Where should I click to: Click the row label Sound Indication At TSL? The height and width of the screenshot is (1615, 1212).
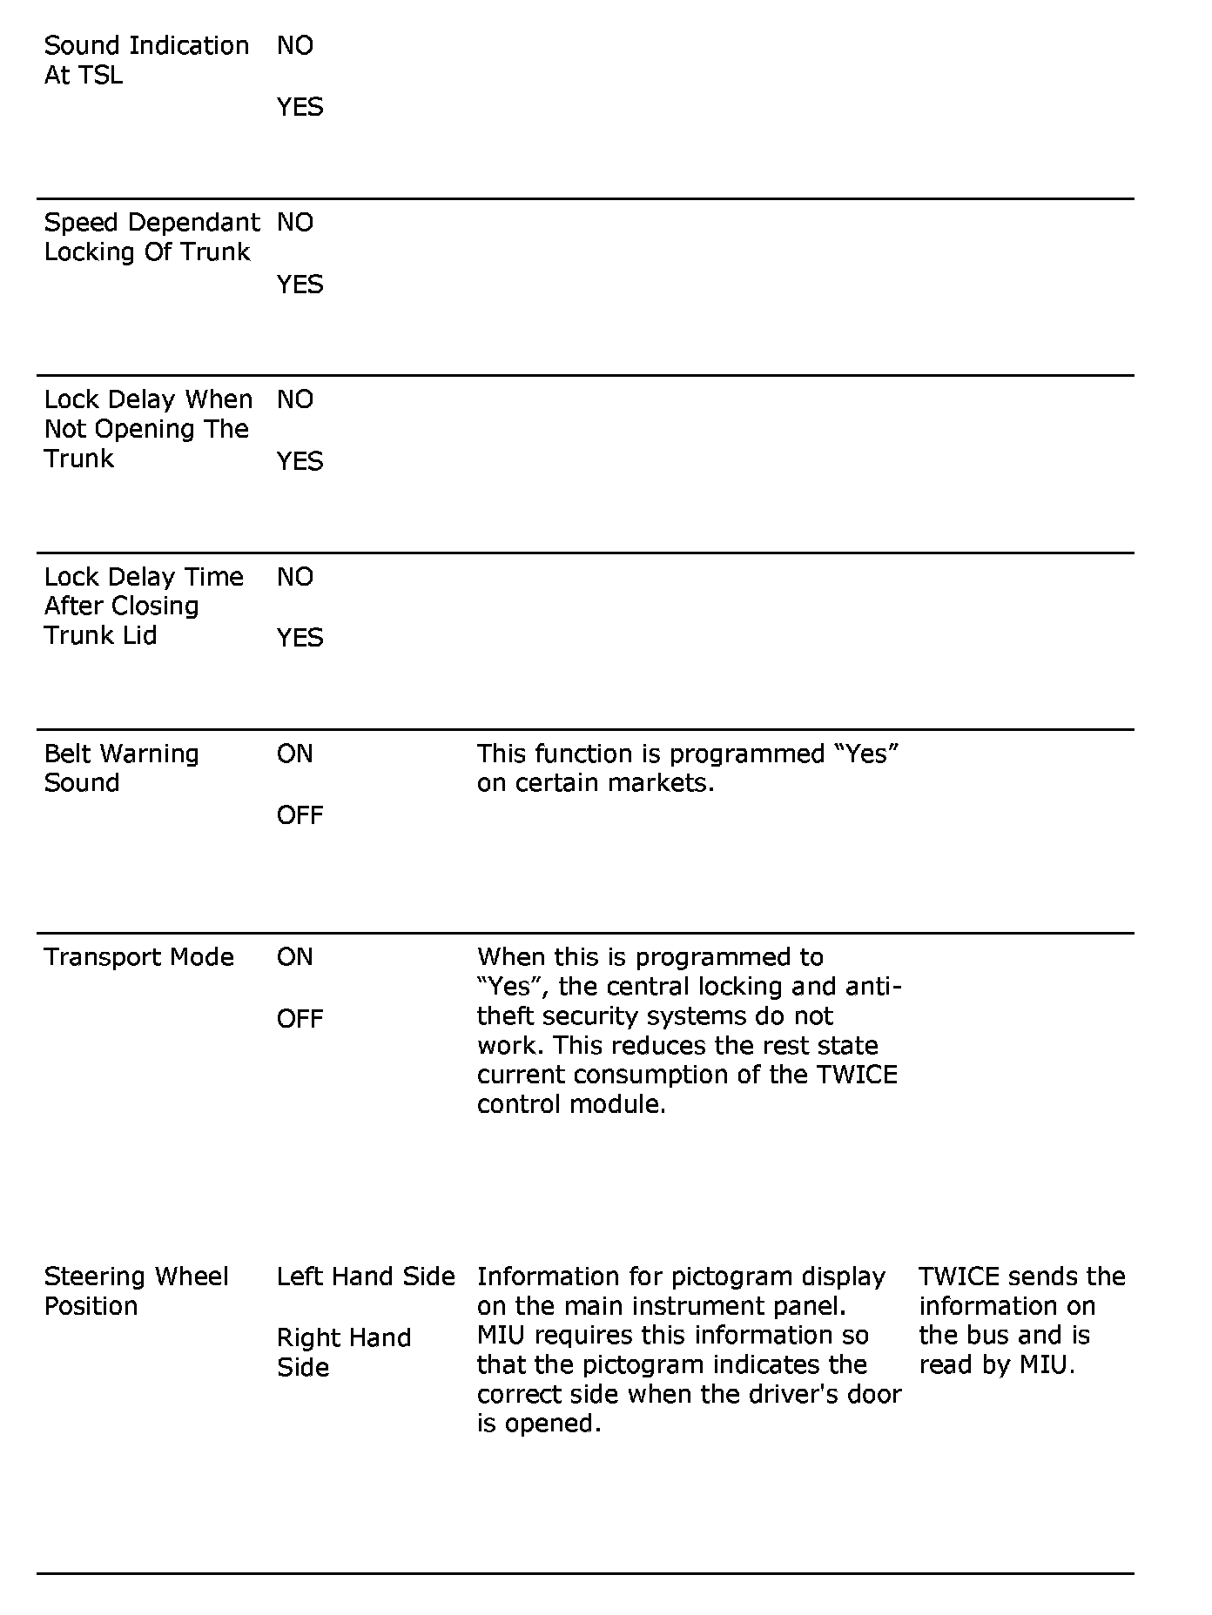tap(146, 60)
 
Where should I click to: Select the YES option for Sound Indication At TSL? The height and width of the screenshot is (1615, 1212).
tap(300, 107)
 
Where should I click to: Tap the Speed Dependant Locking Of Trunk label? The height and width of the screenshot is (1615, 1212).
tap(151, 237)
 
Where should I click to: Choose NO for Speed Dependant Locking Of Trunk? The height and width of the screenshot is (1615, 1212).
tap(295, 223)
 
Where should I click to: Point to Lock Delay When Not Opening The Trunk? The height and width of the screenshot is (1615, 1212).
tap(148, 429)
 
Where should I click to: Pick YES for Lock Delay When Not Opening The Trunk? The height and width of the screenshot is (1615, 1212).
tap(300, 461)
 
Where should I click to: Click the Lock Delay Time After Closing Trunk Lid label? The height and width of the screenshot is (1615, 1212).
tap(144, 606)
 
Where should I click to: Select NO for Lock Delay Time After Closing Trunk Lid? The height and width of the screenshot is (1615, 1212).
tap(295, 577)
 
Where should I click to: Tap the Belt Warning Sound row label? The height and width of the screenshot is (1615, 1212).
tap(121, 768)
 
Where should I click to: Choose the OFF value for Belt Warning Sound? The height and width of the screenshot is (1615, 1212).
tap(300, 815)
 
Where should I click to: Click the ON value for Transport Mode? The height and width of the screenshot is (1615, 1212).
tap(294, 957)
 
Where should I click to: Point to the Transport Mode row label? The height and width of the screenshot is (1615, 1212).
tap(138, 957)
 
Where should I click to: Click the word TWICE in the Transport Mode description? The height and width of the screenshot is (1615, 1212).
tap(857, 1075)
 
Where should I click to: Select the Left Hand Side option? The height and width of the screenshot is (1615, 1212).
tap(366, 1277)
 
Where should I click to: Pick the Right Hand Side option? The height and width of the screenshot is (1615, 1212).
tap(343, 1352)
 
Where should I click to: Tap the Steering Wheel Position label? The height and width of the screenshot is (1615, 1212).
tap(136, 1291)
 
